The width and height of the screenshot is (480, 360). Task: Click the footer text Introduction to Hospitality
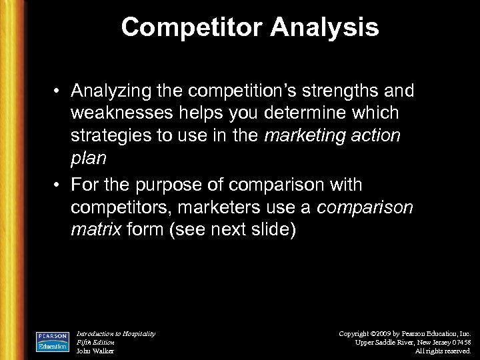[116, 333]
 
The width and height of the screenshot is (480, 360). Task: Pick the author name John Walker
[95, 351]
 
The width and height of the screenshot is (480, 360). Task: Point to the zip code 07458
[459, 342]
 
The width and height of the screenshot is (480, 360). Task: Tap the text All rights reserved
[443, 351]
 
